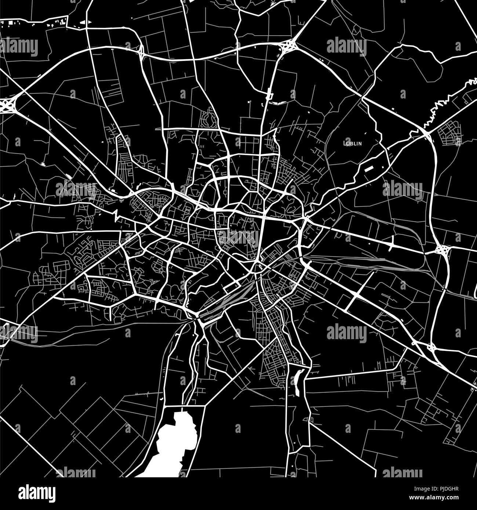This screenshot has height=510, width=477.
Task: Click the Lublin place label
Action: (x=352, y=143)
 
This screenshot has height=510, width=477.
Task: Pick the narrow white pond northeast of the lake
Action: (x=298, y=382)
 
